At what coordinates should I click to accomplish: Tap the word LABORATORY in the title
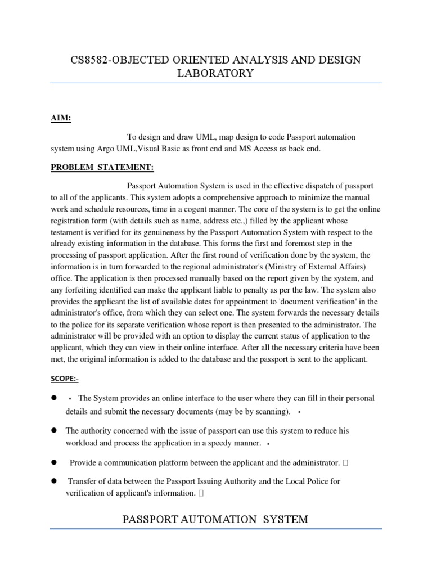pos(215,74)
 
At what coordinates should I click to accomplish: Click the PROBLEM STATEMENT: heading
pos(102,167)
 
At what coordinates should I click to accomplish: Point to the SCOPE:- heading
pos(65,379)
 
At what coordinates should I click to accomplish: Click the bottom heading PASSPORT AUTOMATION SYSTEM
pos(215,519)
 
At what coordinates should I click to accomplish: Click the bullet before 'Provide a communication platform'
pos(55,462)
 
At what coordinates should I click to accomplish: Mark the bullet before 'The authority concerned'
pos(55,430)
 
